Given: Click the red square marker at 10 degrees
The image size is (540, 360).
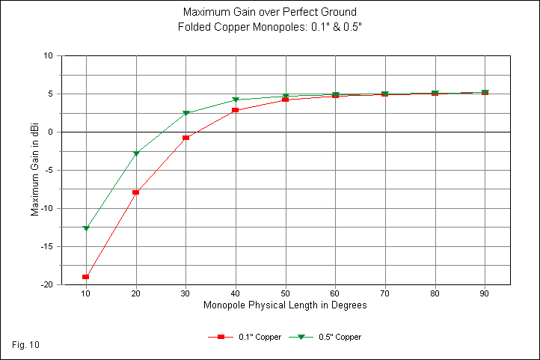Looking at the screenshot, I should click(86, 277).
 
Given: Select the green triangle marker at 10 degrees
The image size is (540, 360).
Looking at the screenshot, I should click(86, 228).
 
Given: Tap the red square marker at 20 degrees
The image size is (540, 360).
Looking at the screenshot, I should click(136, 192).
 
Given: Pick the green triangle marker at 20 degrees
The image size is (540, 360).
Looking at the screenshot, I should click(136, 153).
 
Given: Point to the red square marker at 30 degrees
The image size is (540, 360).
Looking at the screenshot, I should click(185, 138).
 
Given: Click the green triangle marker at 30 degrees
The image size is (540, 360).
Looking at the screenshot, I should click(185, 113).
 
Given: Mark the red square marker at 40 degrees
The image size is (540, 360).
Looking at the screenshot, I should click(236, 110).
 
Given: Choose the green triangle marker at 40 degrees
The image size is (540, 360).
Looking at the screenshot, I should click(236, 100).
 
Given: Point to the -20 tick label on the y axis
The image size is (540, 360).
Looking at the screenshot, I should click(46, 285).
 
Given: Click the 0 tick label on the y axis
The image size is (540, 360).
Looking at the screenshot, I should click(50, 132).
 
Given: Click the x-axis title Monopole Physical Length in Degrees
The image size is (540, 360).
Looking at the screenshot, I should click(285, 305).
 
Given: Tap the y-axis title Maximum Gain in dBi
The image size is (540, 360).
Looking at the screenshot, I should click(34, 171).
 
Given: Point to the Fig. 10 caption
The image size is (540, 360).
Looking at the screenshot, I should click(26, 344).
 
